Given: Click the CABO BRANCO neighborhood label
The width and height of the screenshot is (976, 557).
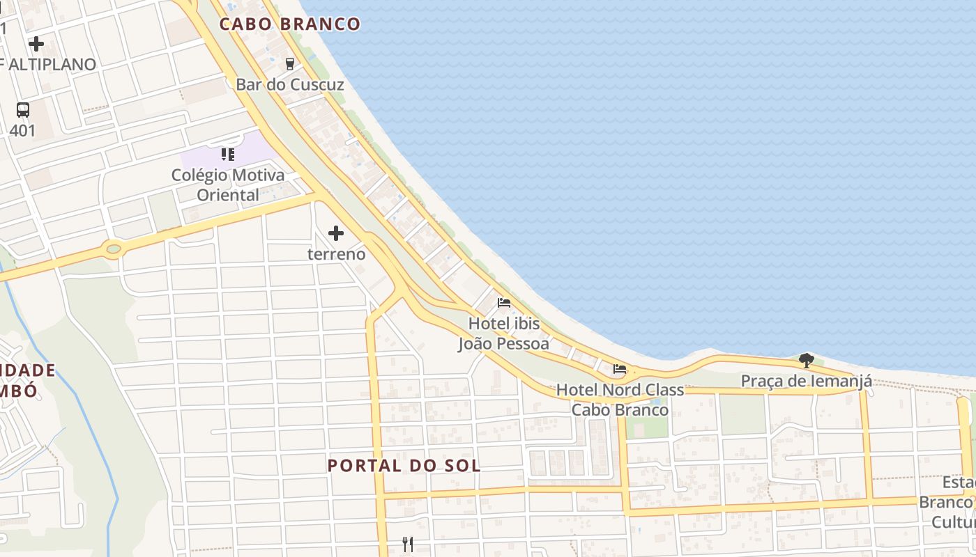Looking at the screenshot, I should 289,24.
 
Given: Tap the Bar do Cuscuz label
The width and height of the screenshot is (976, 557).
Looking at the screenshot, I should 290,85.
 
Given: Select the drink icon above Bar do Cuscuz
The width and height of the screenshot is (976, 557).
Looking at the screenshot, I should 290,63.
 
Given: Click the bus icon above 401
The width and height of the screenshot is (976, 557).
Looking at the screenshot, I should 23,109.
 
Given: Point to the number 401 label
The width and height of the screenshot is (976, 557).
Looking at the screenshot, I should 22,130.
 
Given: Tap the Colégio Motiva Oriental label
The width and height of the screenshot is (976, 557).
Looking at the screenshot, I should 228,185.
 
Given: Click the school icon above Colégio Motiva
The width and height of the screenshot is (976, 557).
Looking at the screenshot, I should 228,154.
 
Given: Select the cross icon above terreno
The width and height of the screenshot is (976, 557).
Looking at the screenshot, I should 336,233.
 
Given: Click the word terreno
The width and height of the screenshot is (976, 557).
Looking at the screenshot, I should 336,254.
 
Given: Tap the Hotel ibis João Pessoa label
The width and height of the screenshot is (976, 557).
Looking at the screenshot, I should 503,334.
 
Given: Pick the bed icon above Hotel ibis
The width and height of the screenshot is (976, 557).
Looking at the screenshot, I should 504,303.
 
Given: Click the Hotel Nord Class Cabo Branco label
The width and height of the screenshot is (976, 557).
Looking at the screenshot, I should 620,400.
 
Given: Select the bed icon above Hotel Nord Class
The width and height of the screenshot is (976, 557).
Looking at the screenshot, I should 620,369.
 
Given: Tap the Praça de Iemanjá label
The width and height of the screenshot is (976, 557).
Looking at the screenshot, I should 806,381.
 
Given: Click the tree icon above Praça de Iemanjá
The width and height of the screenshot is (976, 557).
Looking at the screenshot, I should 807,360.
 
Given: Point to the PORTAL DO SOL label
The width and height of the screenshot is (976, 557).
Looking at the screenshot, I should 404,465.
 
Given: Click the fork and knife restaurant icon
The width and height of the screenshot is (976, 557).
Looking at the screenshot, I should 409,544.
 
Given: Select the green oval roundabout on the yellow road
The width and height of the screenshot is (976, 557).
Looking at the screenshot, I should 112,248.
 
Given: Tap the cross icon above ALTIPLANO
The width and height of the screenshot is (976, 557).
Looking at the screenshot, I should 36,44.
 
